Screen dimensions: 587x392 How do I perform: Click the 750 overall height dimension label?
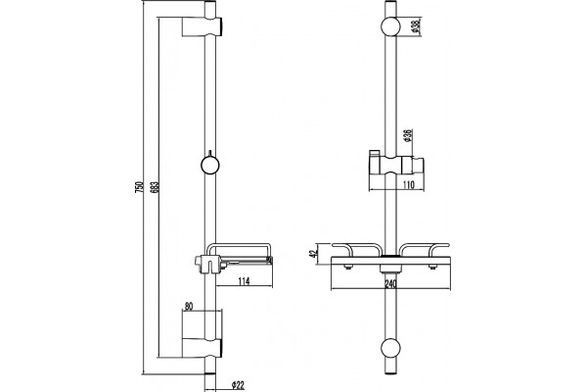[139, 187]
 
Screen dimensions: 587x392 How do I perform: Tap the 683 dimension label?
[156, 187]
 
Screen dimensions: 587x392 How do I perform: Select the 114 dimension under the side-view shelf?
[244, 280]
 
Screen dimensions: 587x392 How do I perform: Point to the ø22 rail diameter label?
[238, 385]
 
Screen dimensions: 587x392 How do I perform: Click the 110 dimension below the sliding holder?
[409, 184]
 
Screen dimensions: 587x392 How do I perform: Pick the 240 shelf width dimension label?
[390, 284]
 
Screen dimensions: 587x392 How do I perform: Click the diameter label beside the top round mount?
[416, 26]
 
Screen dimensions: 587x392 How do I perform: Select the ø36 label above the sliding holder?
[408, 135]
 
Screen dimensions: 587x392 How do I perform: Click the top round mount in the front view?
[390, 26]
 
